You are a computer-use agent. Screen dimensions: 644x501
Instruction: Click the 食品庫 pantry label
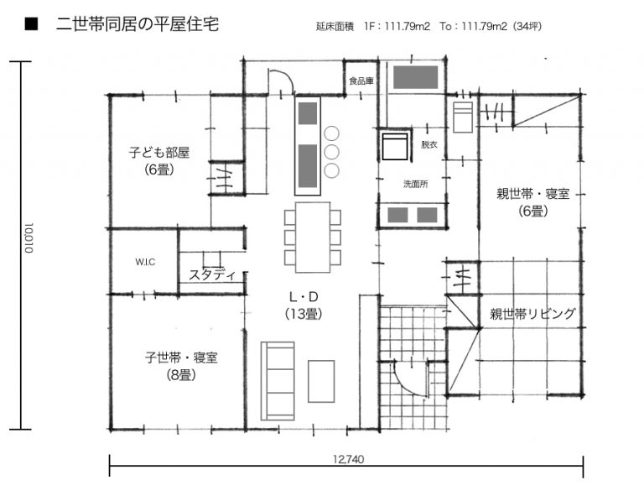[361, 81]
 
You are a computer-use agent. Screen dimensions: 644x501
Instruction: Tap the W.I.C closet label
[145, 262]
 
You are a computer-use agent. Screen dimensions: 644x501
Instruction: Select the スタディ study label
[212, 274]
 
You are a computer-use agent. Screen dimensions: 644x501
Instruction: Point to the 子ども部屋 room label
[159, 153]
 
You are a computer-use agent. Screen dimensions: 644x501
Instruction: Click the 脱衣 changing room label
[428, 144]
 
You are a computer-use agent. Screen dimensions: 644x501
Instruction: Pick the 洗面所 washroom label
[415, 184]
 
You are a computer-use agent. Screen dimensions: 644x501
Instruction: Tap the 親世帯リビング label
[532, 314]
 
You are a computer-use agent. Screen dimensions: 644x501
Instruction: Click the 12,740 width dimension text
[348, 459]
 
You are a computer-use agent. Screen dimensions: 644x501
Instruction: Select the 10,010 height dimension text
[29, 238]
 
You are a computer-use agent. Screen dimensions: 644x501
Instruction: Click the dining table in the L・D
[313, 237]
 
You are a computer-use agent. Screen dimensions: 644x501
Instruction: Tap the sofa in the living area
[278, 381]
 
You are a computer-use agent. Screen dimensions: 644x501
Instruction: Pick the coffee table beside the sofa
[321, 381]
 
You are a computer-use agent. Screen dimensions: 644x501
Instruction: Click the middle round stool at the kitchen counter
[331, 152]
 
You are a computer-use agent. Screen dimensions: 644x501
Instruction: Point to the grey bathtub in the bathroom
[416, 77]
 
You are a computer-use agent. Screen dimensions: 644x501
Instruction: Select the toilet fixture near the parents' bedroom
[463, 117]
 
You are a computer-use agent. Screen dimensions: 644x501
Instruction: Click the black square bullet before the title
[31, 23]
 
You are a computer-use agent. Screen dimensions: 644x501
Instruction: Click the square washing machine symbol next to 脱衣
[395, 146]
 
